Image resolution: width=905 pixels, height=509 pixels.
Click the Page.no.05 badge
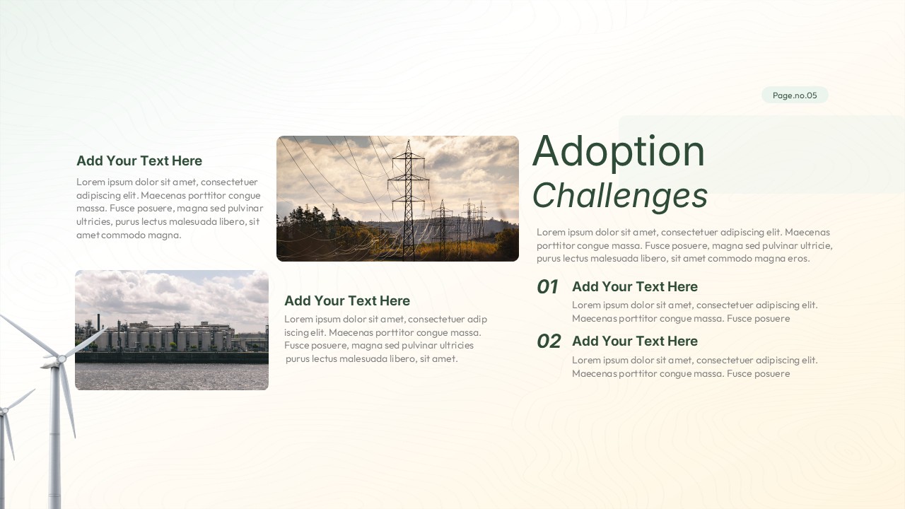795,95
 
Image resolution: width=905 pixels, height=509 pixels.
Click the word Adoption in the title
618,151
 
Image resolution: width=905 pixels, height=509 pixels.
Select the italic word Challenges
619,196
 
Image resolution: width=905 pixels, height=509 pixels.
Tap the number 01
548,287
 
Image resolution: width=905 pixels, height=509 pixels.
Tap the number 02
549,341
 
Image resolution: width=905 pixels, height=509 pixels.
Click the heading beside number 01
634,287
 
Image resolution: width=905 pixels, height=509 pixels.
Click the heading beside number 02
634,341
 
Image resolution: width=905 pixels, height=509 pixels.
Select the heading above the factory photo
139,161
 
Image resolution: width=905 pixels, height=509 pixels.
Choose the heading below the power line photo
346,301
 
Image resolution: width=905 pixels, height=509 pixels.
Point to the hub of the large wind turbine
61,360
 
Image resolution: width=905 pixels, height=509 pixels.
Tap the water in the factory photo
172,376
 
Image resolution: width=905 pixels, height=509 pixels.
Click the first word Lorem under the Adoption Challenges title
551,233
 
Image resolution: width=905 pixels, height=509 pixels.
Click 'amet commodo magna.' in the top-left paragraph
129,235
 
